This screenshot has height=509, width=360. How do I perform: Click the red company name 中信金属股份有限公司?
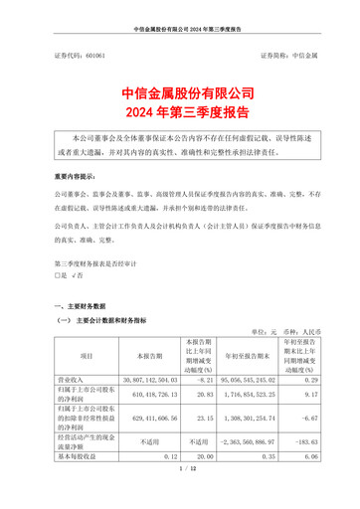pos(180,92)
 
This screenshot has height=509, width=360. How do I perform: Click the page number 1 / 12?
pos(180,494)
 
